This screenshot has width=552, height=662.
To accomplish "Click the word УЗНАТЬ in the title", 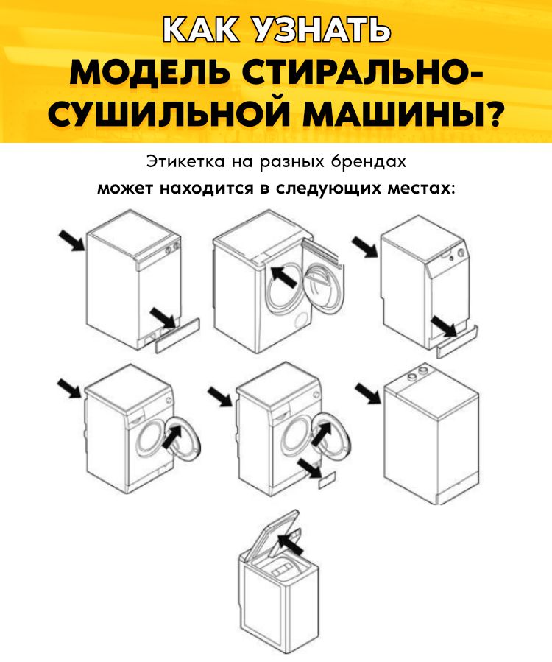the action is [319, 30].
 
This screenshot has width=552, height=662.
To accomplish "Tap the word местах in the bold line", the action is [420, 189].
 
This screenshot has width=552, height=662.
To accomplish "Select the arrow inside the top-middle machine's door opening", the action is [283, 277].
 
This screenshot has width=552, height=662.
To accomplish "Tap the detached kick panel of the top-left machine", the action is [177, 335].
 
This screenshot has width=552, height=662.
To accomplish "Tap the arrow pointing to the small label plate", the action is [309, 468].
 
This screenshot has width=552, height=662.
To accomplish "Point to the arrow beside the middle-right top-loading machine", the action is [368, 393].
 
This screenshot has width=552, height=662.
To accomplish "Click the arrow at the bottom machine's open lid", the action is [291, 543].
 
